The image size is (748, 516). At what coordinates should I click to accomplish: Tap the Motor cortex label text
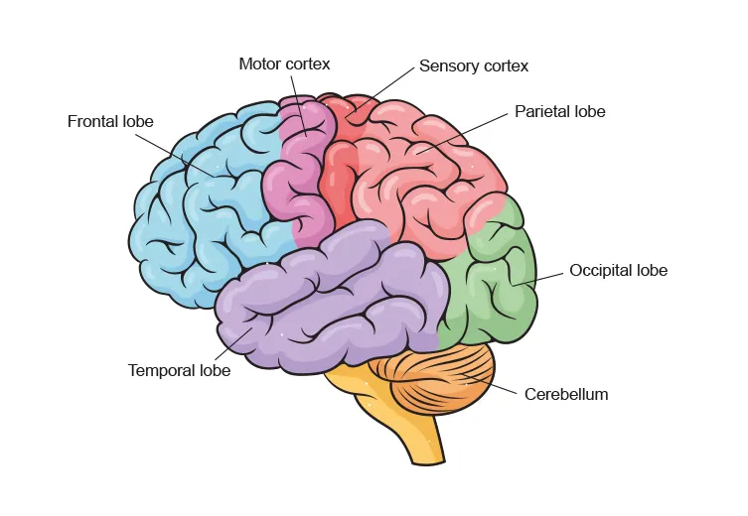pyautogui.click(x=284, y=64)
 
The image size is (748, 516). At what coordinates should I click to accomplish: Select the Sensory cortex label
pyautogui.click(x=474, y=66)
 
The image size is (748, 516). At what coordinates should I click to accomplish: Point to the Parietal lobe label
pyautogui.click(x=559, y=112)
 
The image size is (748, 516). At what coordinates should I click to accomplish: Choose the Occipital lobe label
pyautogui.click(x=618, y=271)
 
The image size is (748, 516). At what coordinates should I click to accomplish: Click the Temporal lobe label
pyautogui.click(x=179, y=371)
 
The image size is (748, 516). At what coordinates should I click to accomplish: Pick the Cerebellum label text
pyautogui.click(x=566, y=394)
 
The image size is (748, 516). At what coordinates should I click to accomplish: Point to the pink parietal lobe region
pyautogui.click(x=427, y=179)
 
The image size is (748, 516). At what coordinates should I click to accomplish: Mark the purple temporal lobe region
pyautogui.click(x=328, y=298)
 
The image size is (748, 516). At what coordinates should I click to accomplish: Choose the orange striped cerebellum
pyautogui.click(x=437, y=382)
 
